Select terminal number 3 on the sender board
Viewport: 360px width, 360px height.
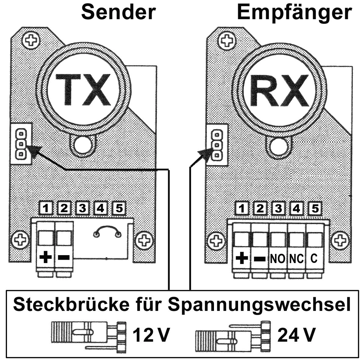coord(82,209)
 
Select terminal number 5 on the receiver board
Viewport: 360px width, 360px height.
coord(315,209)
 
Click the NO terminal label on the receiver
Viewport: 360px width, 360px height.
coord(278,259)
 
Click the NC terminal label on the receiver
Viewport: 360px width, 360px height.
coord(296,259)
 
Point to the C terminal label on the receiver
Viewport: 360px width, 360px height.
coord(314,259)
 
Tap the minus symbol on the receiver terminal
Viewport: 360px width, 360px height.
coord(259,259)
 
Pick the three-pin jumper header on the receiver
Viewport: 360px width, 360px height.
coord(217,145)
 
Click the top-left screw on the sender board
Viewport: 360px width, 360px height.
coord(31,40)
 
